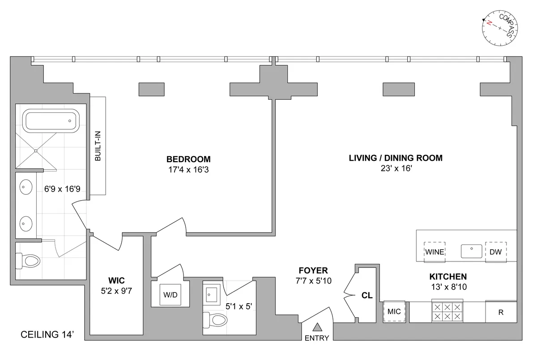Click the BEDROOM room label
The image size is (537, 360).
(188, 159)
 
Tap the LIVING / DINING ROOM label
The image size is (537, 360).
(396, 158)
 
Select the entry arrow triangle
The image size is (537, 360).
(317, 327)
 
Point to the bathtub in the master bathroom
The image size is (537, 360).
(50, 120)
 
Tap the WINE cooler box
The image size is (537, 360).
(434, 252)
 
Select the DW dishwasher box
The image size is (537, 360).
(495, 252)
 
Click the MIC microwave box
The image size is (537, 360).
(394, 311)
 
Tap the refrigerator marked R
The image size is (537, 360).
(501, 312)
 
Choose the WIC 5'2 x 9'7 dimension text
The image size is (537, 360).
(116, 291)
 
